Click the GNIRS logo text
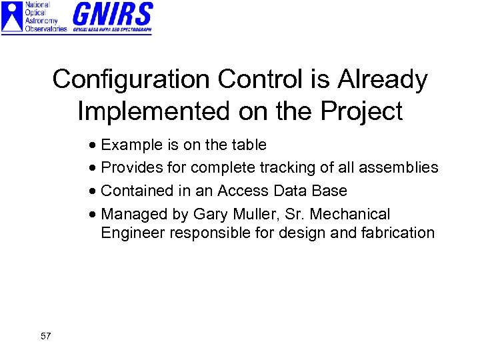click(x=112, y=14)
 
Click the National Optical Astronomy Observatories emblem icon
click(x=11, y=17)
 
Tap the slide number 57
click(x=45, y=336)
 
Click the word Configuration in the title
click(x=131, y=80)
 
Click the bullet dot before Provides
click(x=94, y=169)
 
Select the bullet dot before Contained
click(x=94, y=192)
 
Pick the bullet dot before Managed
click(x=94, y=215)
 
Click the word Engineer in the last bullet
click(x=133, y=233)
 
